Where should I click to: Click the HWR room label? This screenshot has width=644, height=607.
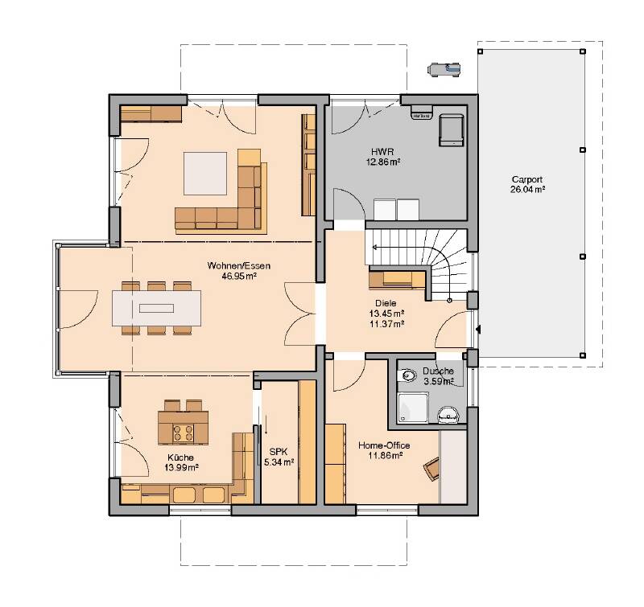tap(382, 152)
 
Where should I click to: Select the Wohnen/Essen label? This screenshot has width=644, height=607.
tap(238, 265)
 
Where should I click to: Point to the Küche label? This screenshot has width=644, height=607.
tap(180, 457)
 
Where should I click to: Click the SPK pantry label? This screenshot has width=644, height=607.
tap(278, 452)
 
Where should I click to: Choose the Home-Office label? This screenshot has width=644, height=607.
tap(384, 445)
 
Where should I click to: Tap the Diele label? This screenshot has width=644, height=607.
tap(386, 303)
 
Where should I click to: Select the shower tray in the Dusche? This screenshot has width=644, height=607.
tap(413, 408)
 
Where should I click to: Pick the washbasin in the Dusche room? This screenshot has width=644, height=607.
tap(448, 414)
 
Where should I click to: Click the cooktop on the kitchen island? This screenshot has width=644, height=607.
tap(184, 433)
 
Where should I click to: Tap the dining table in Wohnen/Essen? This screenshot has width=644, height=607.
tap(156, 308)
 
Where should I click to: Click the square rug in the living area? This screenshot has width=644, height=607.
tap(205, 174)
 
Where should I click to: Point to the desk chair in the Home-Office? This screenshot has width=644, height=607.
tap(432, 469)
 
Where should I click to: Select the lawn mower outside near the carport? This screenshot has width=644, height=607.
tap(444, 69)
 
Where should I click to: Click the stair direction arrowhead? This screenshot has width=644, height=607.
tap(374, 248)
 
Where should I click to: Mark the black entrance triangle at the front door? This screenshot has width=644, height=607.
tap(478, 330)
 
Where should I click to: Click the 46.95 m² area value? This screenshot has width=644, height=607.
tap(239, 276)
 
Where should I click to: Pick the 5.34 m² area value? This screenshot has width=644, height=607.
tap(279, 462)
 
